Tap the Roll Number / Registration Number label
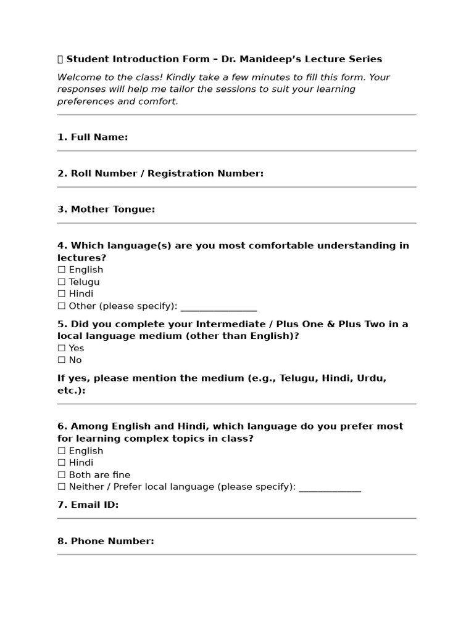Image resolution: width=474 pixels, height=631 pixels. (x=160, y=174)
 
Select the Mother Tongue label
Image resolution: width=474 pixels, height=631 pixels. (x=106, y=210)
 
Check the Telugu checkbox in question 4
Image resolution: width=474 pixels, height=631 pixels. (x=61, y=282)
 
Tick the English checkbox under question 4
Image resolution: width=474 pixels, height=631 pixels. (x=61, y=270)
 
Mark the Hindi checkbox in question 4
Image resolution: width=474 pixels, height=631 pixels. (x=61, y=294)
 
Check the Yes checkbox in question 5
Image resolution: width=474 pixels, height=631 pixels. (x=61, y=348)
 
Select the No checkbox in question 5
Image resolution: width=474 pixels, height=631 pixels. (x=61, y=360)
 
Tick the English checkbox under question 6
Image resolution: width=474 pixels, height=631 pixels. (x=61, y=451)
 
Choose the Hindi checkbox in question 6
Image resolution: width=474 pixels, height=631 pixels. (x=61, y=463)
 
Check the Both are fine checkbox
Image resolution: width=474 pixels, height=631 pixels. (x=61, y=475)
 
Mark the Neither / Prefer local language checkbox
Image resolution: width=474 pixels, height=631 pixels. (x=61, y=487)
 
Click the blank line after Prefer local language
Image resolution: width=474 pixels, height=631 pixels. (x=330, y=488)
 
